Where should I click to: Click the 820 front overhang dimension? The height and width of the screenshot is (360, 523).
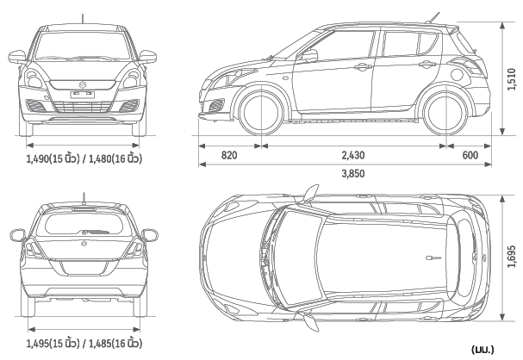229,155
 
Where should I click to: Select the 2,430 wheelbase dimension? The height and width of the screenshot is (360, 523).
353,155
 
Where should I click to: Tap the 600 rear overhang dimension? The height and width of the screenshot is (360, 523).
470,155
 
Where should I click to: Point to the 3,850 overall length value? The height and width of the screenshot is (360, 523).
353,173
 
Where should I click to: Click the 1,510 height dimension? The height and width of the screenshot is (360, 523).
512,79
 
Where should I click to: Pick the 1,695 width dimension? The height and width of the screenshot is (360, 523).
512,257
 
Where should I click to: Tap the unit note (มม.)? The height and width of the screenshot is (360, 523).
483,350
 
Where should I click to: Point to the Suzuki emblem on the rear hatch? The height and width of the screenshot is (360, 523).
84,244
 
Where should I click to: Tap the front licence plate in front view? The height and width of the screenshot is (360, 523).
83,95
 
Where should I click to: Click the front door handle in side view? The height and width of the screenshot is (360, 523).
363,68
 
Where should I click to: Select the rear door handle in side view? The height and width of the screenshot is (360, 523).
427,64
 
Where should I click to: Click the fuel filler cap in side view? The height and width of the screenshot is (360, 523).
458,75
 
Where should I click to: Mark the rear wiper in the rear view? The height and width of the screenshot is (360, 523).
95,232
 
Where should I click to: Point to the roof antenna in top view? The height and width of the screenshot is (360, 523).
433,258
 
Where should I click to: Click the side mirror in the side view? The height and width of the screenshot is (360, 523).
309,56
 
